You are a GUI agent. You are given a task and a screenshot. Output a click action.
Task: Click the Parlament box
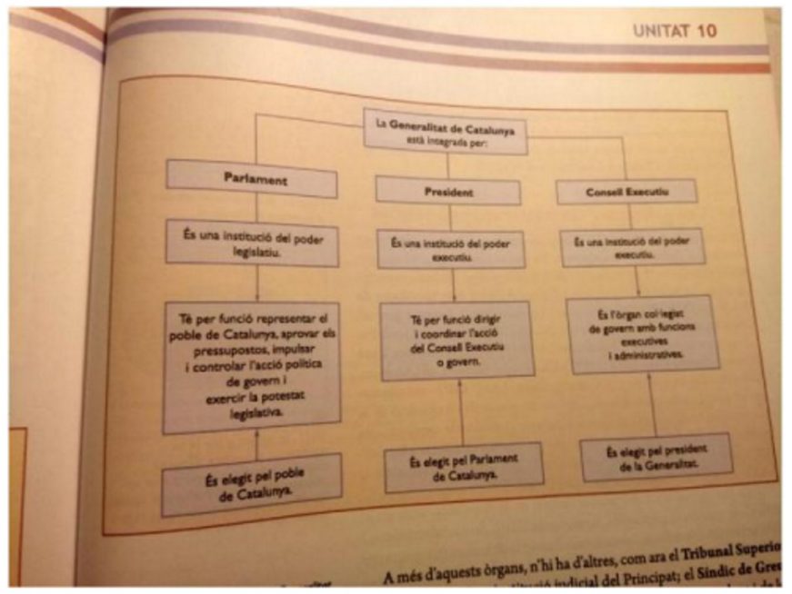click(252, 179)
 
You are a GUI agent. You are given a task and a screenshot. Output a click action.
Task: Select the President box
click(447, 192)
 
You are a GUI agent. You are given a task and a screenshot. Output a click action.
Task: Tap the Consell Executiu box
click(627, 192)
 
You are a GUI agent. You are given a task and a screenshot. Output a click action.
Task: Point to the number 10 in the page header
click(707, 32)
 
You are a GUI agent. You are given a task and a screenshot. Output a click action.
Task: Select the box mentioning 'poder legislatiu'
click(252, 242)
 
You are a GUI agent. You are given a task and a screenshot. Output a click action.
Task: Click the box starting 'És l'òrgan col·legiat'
click(643, 332)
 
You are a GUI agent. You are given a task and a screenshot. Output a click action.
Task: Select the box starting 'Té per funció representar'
click(252, 368)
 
